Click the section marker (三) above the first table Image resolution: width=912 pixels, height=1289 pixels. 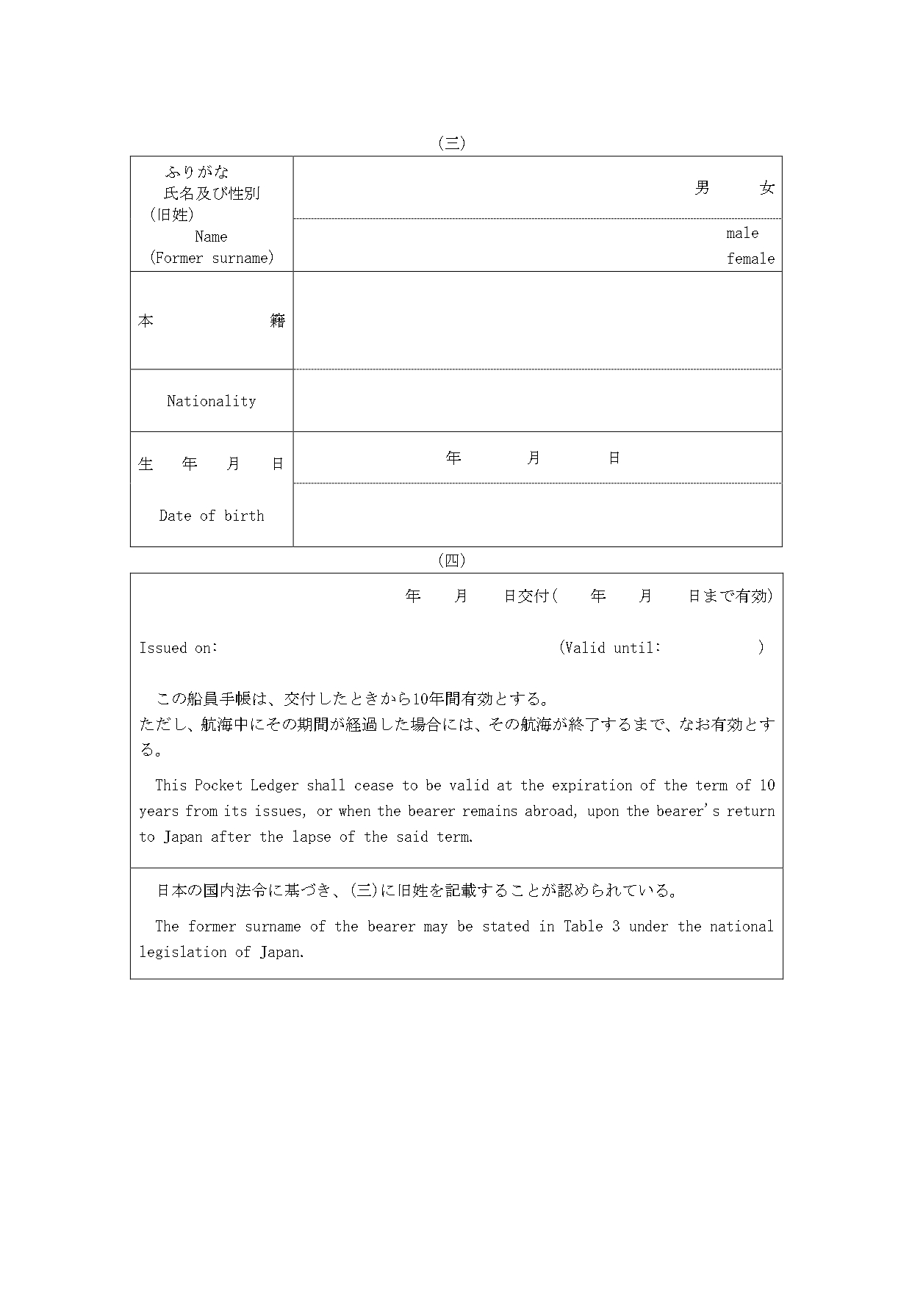[451, 144]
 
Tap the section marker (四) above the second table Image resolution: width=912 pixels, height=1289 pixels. [451, 560]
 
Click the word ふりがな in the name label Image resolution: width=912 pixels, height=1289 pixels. [197, 172]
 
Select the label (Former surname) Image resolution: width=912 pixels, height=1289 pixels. [212, 258]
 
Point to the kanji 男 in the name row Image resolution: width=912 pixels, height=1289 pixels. [702, 188]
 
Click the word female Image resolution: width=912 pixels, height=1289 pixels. [750, 259]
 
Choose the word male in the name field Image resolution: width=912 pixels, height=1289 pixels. [742, 234]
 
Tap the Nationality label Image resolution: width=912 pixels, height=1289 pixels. [212, 401]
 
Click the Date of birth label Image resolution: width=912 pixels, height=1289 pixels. [212, 516]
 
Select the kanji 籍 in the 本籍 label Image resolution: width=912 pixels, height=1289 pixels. [277, 321]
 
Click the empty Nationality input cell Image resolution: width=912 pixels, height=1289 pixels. [536, 401]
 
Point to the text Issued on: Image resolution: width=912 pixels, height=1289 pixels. [179, 648]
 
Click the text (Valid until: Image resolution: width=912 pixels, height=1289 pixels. [609, 648]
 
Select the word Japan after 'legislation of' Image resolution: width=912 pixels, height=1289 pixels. [281, 952]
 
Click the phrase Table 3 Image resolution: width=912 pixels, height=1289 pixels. [591, 926]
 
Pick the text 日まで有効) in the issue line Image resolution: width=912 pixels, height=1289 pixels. [730, 596]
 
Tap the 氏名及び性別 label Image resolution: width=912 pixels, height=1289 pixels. [212, 194]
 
